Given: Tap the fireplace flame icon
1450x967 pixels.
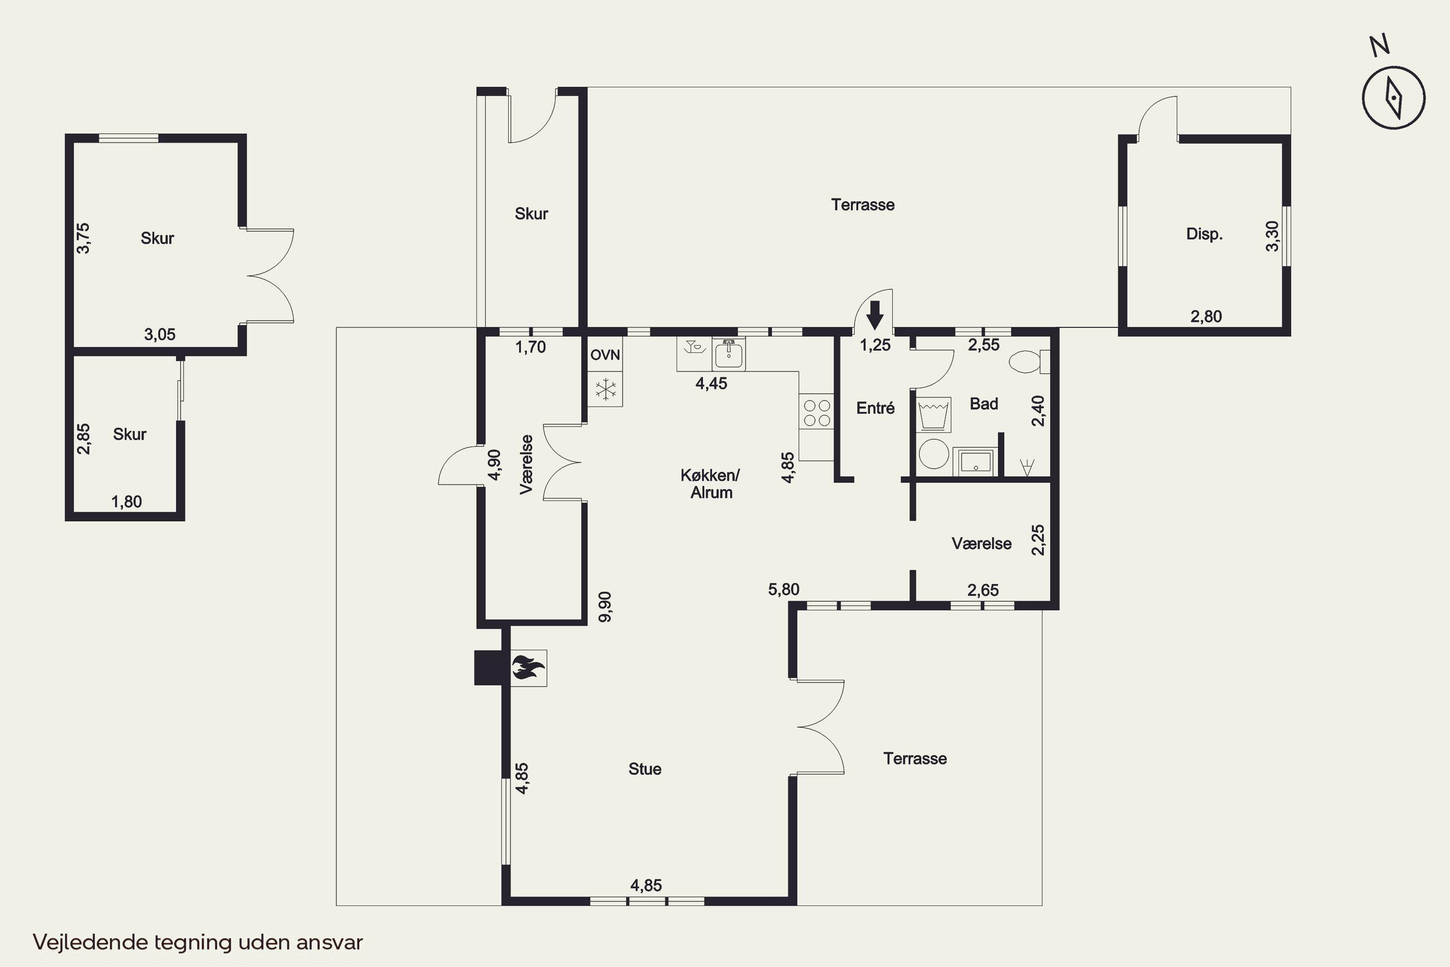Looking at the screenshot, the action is pos(528,667).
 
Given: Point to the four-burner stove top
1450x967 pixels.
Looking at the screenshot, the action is pos(817,412).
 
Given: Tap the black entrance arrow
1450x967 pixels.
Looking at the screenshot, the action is pos(875,315).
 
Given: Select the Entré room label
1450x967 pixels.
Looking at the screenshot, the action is pos(875,408).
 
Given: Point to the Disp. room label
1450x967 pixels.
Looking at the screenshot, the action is pos(1204,234).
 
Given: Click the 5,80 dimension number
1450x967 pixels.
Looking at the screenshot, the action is pos(783,589).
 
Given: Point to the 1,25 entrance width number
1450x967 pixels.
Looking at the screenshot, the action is pos(875,345).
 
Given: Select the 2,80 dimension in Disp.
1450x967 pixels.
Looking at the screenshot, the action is pos(1206,316).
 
